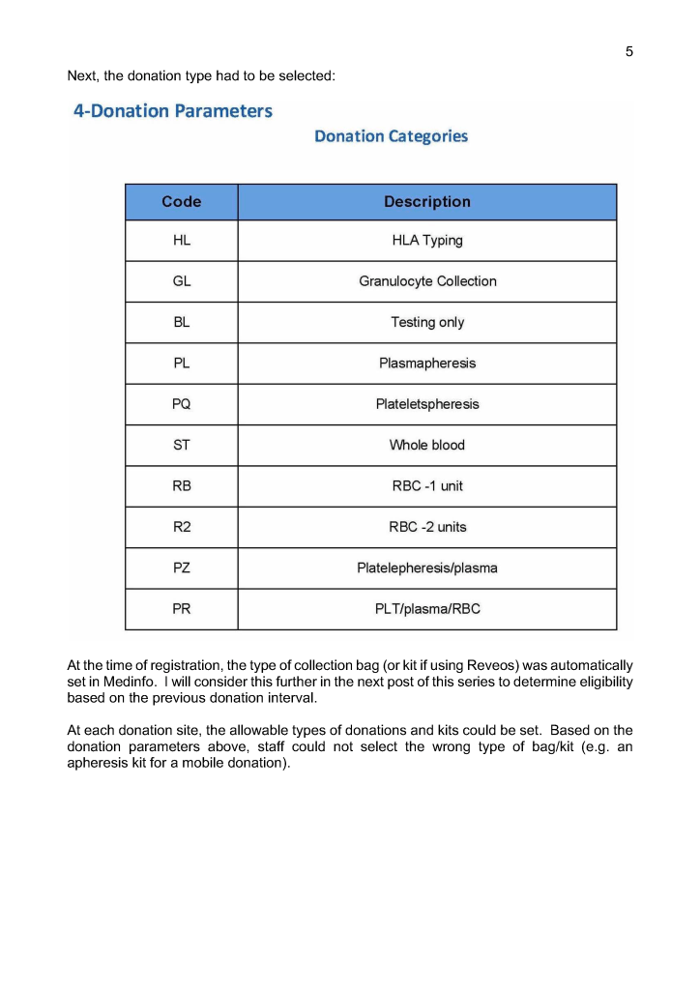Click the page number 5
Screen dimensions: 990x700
pyautogui.click(x=629, y=51)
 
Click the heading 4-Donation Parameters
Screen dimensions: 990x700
pyautogui.click(x=173, y=111)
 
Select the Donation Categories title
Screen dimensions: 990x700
pyautogui.click(x=391, y=136)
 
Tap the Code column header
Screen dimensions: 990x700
pyautogui.click(x=182, y=202)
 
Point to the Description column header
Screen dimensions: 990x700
pyautogui.click(x=427, y=202)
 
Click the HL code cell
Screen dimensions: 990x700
pyautogui.click(x=182, y=241)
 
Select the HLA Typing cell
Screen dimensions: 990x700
pyautogui.click(x=427, y=241)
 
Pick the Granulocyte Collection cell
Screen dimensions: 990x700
pyautogui.click(x=427, y=281)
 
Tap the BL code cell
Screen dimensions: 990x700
pyautogui.click(x=182, y=323)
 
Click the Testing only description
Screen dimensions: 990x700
pyautogui.click(x=427, y=323)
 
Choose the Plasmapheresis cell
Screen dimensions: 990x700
pyautogui.click(x=427, y=364)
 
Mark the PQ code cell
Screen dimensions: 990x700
pyautogui.click(x=182, y=404)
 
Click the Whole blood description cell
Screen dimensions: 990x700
pyautogui.click(x=427, y=446)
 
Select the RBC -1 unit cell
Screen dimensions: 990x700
pyautogui.click(x=427, y=486)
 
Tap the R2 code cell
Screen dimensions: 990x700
pyautogui.click(x=182, y=527)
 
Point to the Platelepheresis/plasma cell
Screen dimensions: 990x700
pyautogui.click(x=427, y=568)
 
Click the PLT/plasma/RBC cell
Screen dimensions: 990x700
pyautogui.click(x=427, y=609)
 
